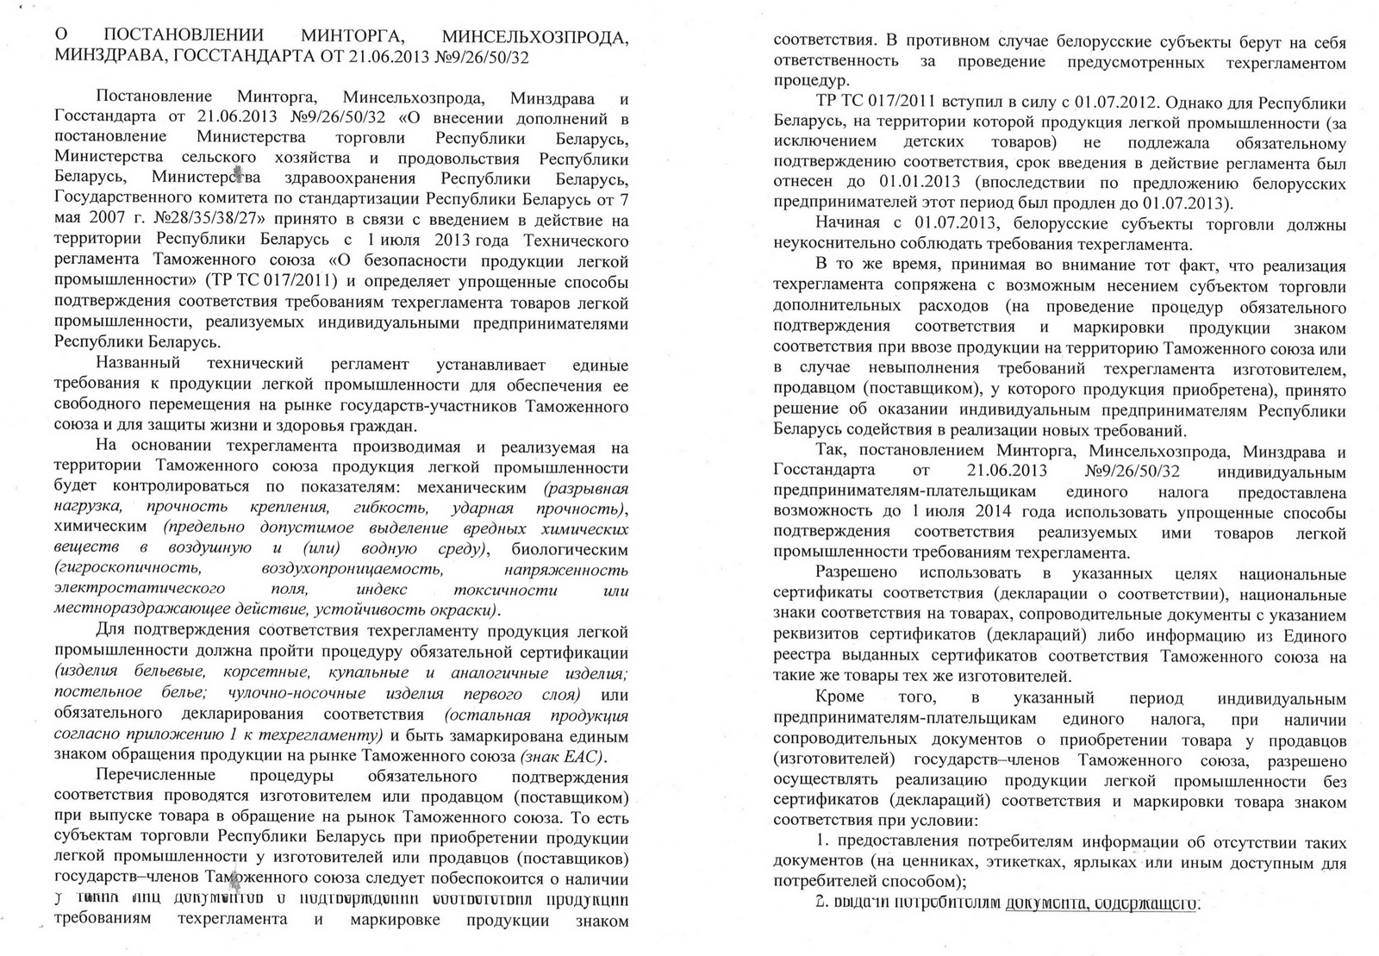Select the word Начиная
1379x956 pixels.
[847, 224]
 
